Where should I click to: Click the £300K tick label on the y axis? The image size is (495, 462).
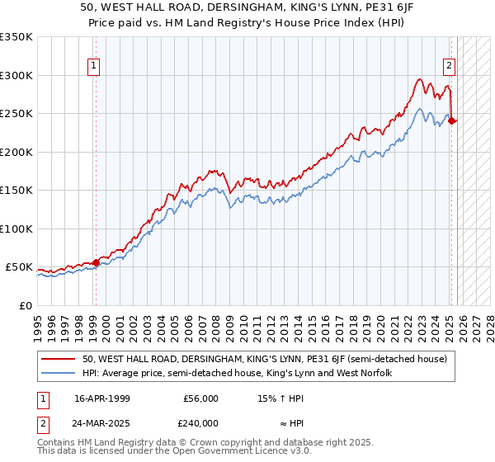pos(16,75)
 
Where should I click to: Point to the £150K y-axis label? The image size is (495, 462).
pos(16,190)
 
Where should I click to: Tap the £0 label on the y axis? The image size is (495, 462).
pos(25,305)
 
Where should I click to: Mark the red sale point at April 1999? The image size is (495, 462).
pos(96,262)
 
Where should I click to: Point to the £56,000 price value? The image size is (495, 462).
pos(200,398)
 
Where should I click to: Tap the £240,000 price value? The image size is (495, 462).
pos(200,422)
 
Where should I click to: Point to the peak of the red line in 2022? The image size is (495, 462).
pos(419,80)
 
